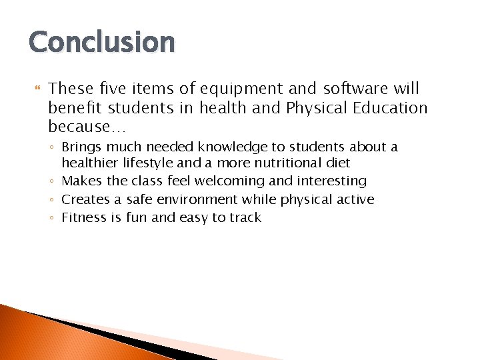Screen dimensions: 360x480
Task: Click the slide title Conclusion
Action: point(101,42)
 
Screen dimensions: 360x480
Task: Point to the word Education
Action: point(391,108)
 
